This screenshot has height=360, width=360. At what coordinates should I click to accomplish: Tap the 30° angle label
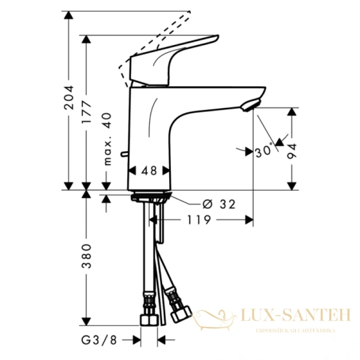(x=263, y=151)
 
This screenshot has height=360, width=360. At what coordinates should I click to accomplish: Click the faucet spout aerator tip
(x=248, y=106)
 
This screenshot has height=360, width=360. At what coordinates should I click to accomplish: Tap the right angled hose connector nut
(x=179, y=313)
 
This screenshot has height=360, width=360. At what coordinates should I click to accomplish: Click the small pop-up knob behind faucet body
(x=124, y=157)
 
